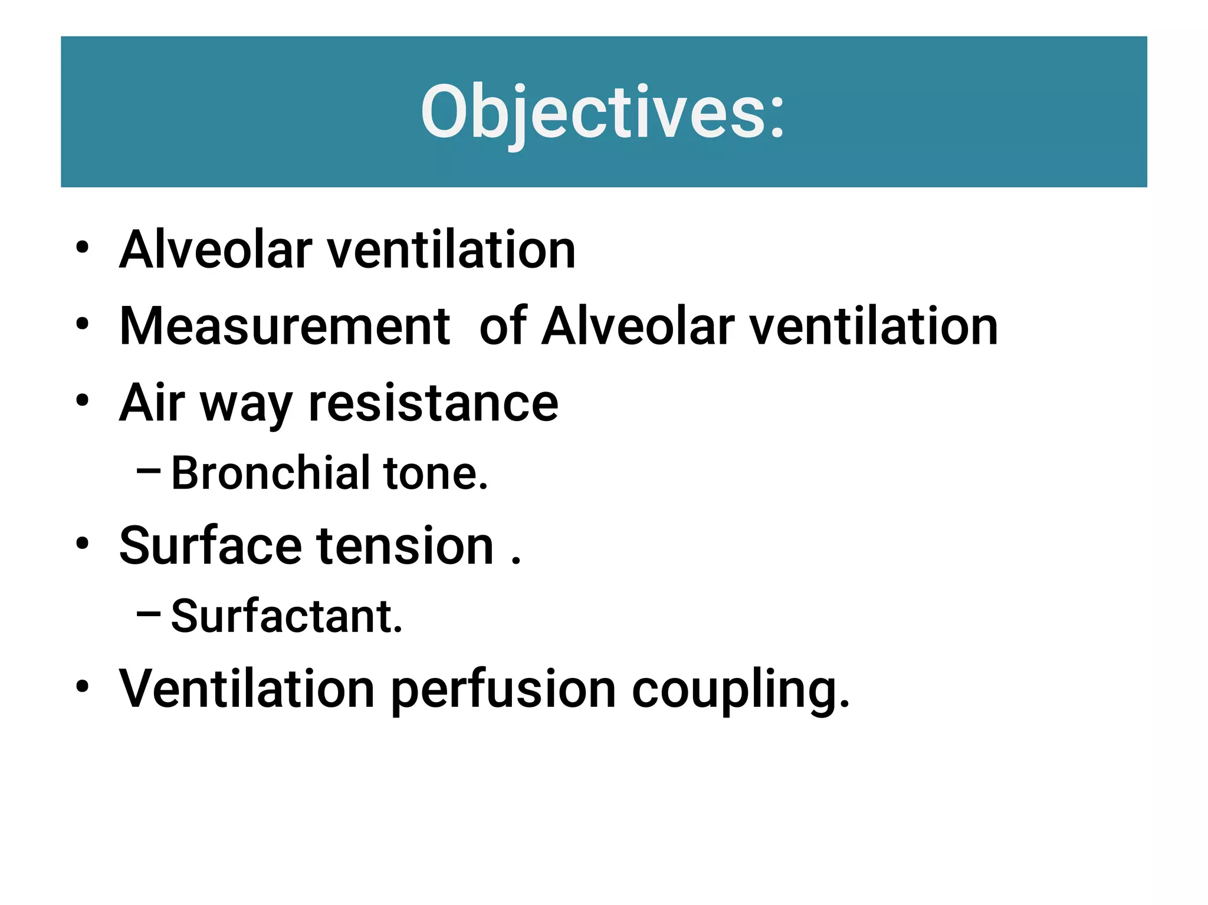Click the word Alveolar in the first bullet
tap(215, 250)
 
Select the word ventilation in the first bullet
tap(451, 250)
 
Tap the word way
tap(246, 407)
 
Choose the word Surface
tap(210, 546)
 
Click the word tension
tap(405, 546)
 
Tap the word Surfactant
tap(287, 617)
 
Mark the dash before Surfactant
tap(148, 614)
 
